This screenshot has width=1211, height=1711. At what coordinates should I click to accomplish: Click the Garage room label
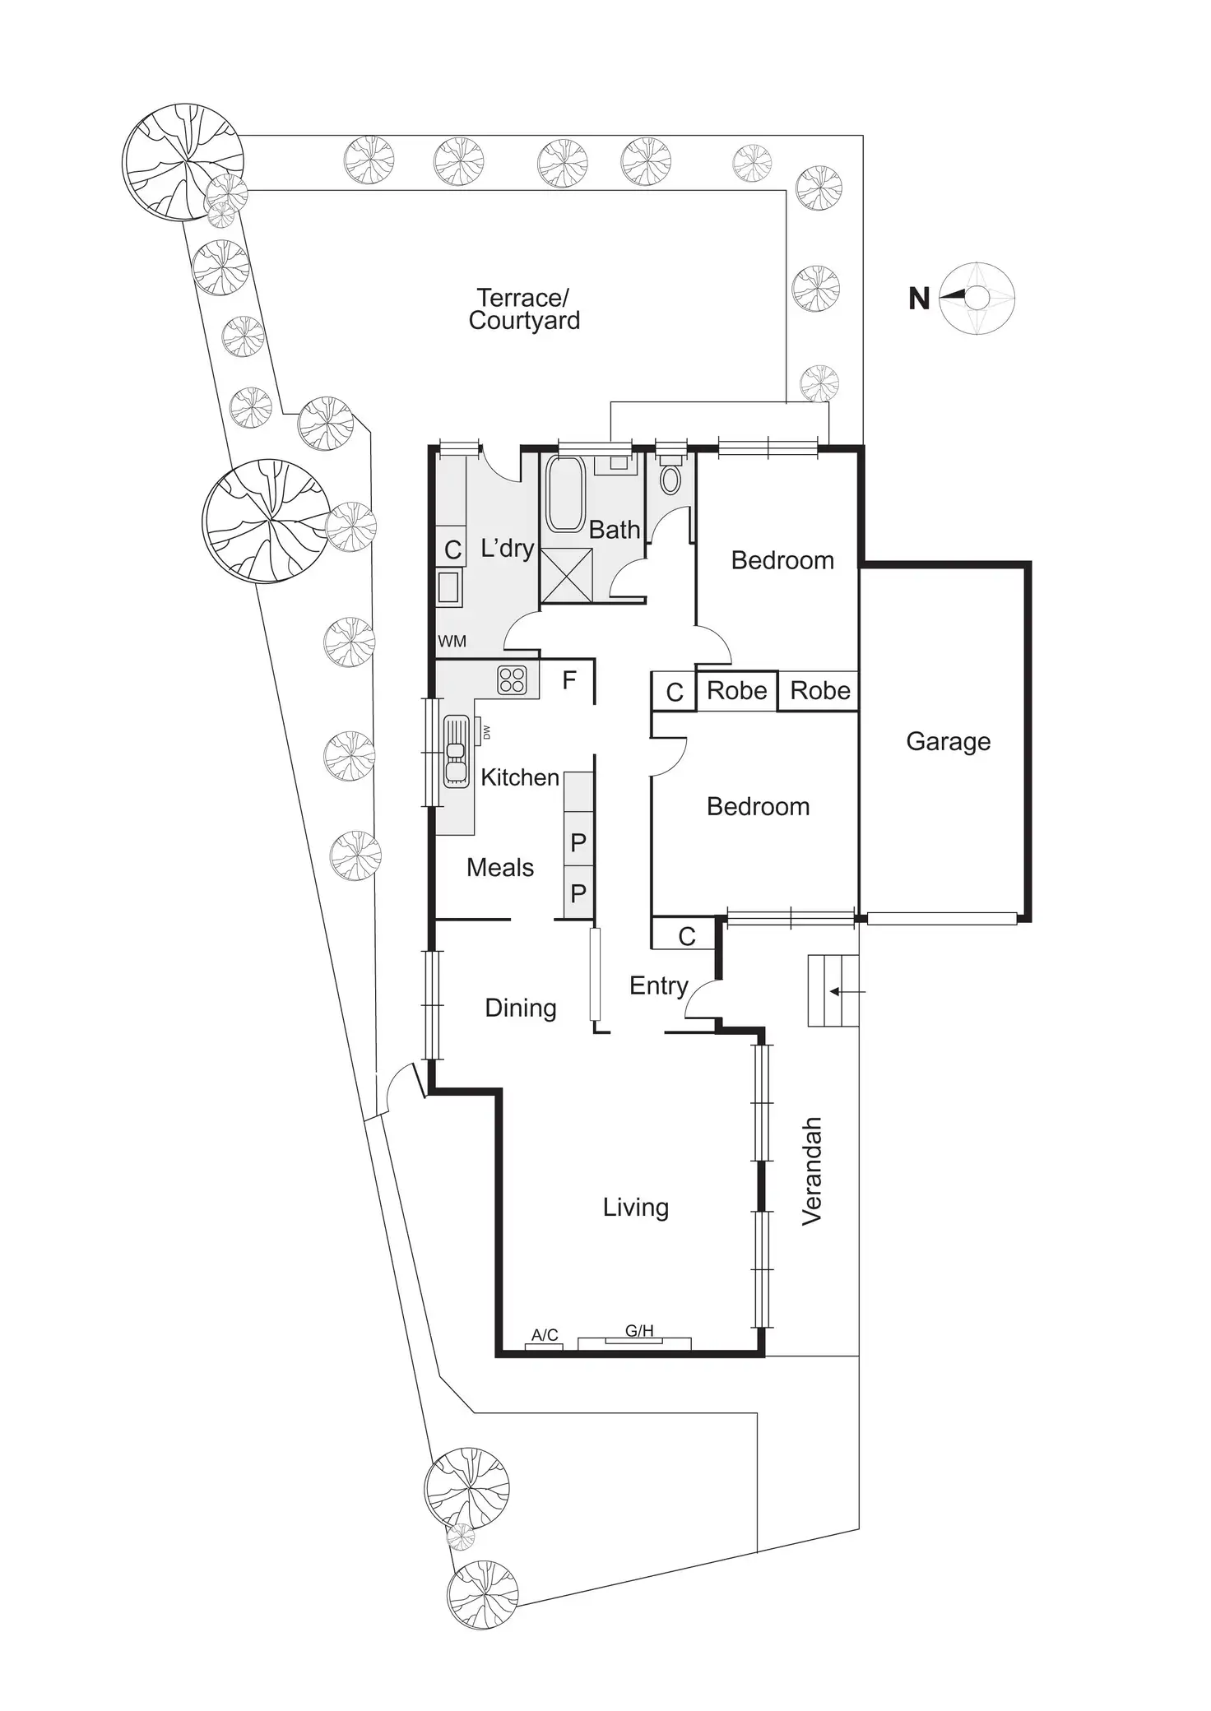pos(948,741)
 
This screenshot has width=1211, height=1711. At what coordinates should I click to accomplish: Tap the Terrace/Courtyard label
pos(524,309)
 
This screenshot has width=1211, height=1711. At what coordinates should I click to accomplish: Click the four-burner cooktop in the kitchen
pos(512,680)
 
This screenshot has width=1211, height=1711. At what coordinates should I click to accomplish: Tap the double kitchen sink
pos(455,750)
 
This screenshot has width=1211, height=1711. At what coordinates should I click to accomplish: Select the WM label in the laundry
pos(452,641)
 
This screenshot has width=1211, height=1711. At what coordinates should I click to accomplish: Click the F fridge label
pos(569,680)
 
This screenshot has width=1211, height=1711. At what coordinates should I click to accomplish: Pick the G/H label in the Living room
pos(639,1330)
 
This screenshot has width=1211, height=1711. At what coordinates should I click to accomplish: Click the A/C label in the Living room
pos(545,1334)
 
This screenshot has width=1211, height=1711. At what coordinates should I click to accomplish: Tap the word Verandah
pos(812,1171)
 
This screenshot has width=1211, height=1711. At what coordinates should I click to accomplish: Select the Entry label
pos(658,985)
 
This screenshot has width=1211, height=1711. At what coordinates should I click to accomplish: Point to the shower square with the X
pos(566,575)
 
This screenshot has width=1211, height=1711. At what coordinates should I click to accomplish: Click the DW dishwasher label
pos(486,731)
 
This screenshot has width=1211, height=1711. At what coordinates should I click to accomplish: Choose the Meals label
pos(500,867)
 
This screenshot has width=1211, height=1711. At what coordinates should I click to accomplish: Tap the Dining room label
pos(521,1008)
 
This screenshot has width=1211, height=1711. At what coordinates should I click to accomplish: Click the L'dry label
pos(508,548)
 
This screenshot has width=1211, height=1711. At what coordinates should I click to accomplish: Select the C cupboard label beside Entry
pos(687,936)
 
